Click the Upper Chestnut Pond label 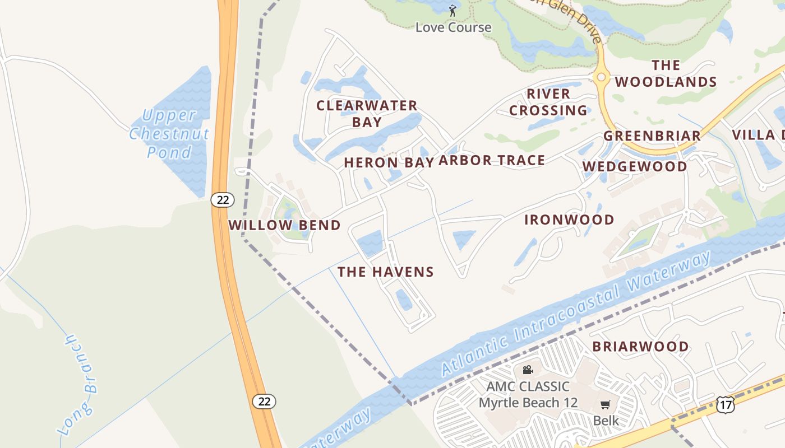click(169, 134)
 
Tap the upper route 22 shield click(223, 199)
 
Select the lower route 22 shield click(264, 401)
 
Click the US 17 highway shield click(725, 404)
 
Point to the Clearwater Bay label click(367, 113)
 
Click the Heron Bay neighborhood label click(389, 162)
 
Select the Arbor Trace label click(492, 161)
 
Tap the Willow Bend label click(284, 225)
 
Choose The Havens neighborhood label click(386, 272)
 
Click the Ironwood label click(569, 220)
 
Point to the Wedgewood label click(635, 166)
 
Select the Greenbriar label click(652, 136)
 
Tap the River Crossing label click(548, 102)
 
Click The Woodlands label click(666, 73)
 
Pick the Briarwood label click(641, 346)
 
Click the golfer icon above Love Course click(452, 10)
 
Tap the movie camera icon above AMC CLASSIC click(527, 370)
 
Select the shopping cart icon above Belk click(605, 404)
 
